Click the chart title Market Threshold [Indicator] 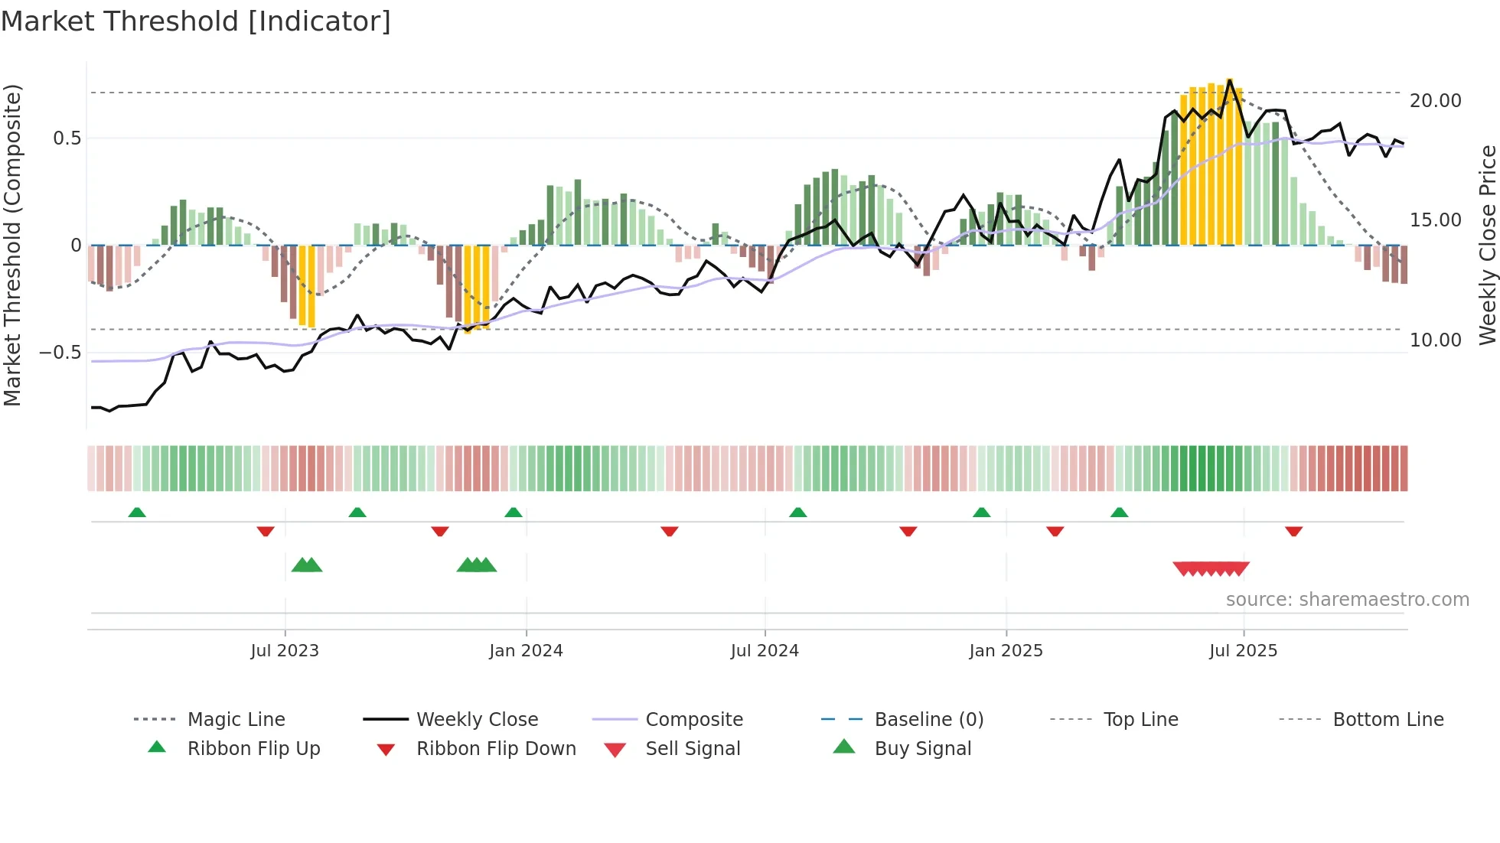(x=196, y=21)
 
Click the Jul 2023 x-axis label (x=285, y=651)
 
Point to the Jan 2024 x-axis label (x=526, y=651)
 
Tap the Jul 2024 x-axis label (x=765, y=651)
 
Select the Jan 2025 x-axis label (x=1006, y=651)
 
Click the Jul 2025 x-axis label (x=1244, y=651)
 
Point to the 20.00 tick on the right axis (x=1435, y=101)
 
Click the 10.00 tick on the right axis (x=1435, y=340)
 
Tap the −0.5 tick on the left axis (x=60, y=353)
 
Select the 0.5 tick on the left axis (x=67, y=138)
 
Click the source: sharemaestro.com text (x=1347, y=600)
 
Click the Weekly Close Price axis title (x=1487, y=245)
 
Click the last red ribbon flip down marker (x=1294, y=531)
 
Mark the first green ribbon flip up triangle (x=137, y=513)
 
